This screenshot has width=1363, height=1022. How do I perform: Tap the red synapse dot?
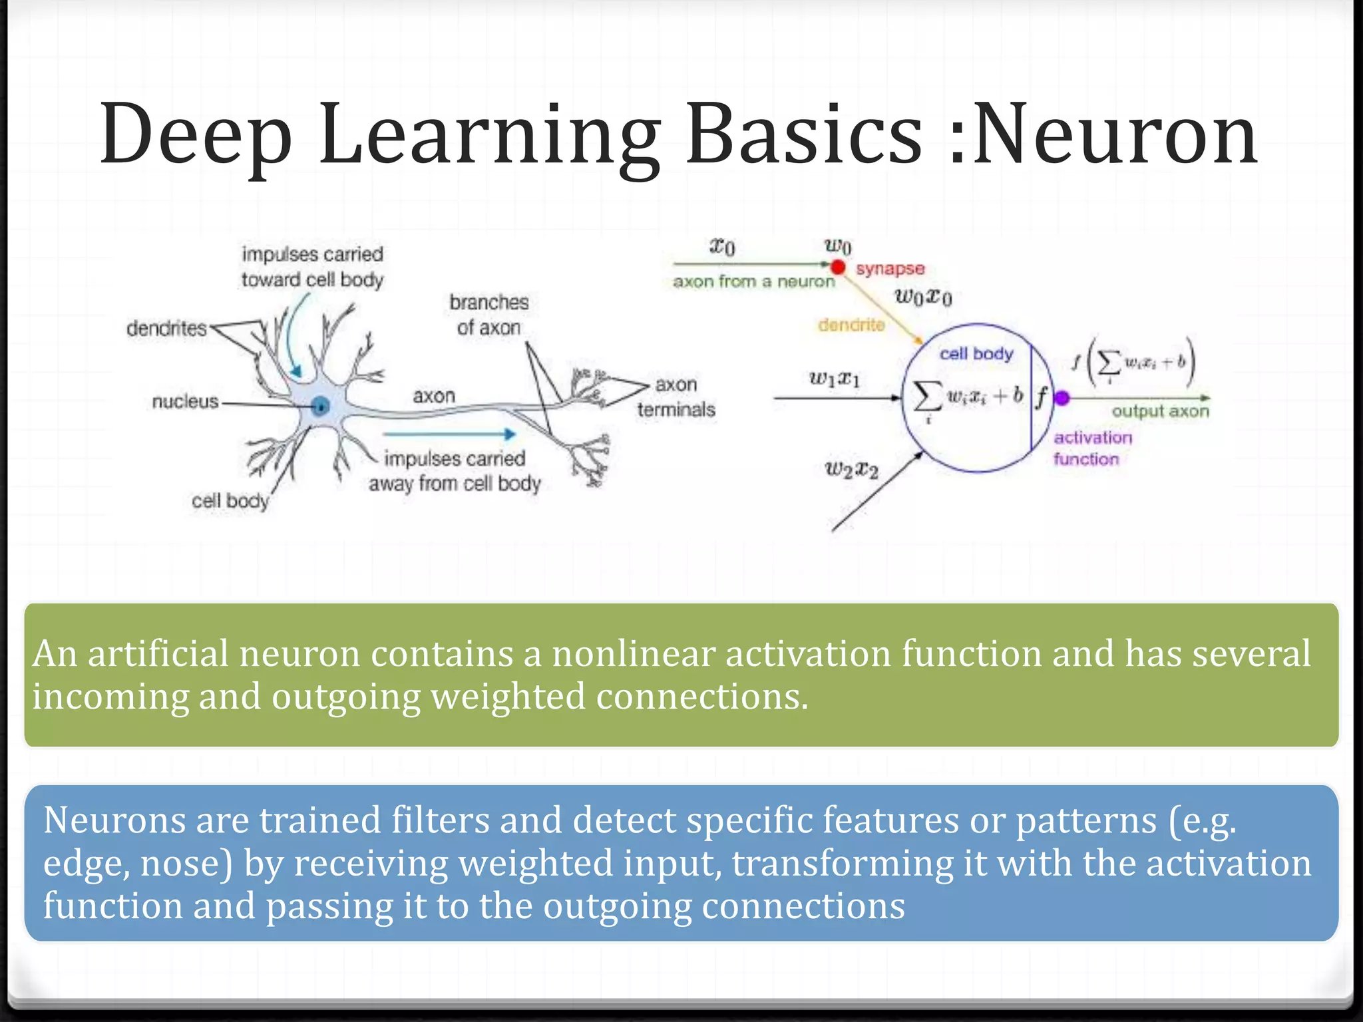tap(838, 267)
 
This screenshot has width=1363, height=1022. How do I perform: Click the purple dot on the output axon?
tap(1062, 398)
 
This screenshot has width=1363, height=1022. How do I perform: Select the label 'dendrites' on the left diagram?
tap(166, 328)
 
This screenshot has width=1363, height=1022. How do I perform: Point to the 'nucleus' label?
tap(185, 401)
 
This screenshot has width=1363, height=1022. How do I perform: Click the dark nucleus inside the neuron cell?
tap(321, 405)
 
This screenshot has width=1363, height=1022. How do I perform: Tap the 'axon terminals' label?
tap(676, 397)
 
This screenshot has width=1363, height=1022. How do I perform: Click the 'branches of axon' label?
tap(488, 315)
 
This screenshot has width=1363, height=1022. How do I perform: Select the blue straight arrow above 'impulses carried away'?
tap(450, 434)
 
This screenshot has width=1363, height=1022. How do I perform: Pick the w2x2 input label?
tap(851, 470)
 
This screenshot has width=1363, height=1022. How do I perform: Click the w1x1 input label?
tap(834, 379)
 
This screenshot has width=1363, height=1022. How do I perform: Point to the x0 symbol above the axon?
tap(722, 247)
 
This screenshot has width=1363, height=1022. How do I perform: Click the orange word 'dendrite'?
tap(851, 325)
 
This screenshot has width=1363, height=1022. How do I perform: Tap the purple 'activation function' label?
tap(1091, 448)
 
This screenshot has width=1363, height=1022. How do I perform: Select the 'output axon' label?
tap(1160, 411)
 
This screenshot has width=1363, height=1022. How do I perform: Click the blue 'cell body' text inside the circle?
tap(976, 354)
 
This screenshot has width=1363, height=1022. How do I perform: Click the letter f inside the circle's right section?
tap(1041, 397)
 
